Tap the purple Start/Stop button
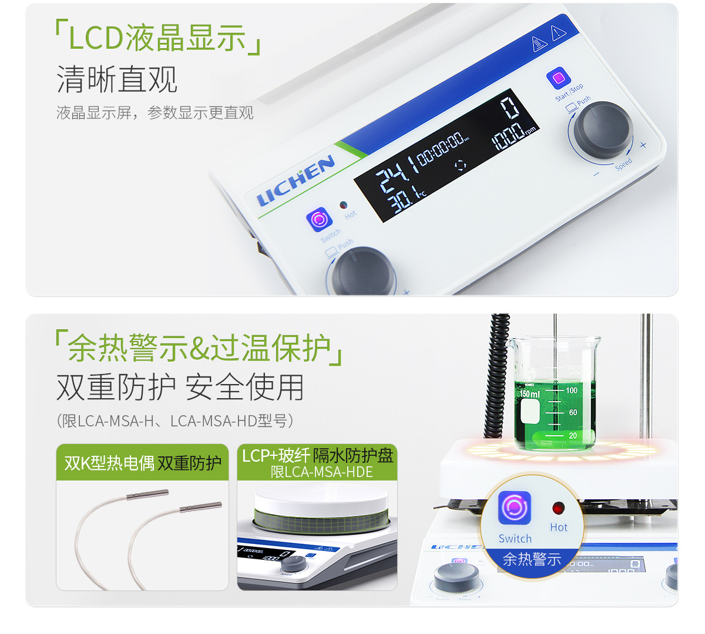(558, 78)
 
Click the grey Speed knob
(603, 129)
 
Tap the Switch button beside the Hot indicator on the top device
(319, 219)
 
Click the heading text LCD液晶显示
(157, 38)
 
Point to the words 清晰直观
(117, 79)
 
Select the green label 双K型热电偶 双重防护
(143, 463)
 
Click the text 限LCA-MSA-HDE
(321, 472)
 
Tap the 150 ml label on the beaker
(529, 393)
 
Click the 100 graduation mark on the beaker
(572, 390)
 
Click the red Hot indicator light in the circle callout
(558, 508)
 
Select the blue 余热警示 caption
(532, 559)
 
